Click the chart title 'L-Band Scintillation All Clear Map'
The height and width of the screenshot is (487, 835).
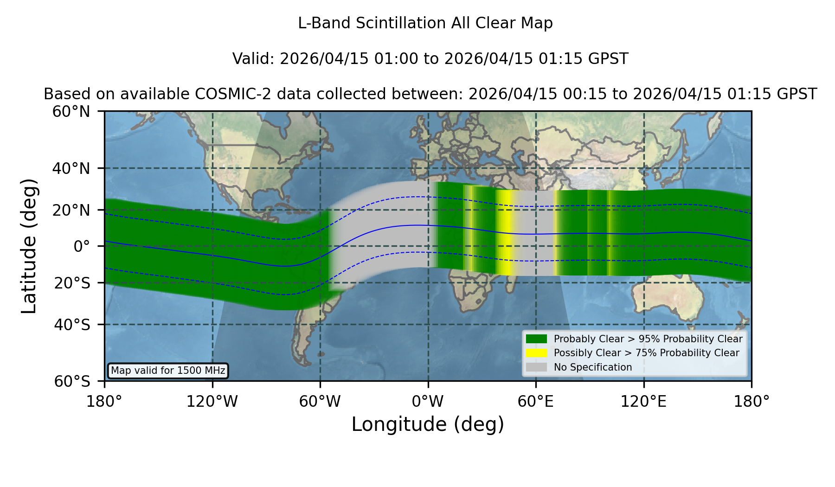(425, 23)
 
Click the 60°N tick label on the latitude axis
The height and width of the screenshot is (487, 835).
(71, 112)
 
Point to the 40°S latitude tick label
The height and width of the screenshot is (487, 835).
(71, 325)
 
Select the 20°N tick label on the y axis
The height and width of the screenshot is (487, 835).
(71, 210)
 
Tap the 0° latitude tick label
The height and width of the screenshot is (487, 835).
(82, 246)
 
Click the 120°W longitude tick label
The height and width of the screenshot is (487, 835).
(212, 402)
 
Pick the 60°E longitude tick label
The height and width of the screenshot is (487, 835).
(536, 402)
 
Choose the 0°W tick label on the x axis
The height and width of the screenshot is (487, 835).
(428, 402)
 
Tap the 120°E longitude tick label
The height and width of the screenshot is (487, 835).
(644, 402)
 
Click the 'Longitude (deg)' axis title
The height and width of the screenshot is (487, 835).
(428, 424)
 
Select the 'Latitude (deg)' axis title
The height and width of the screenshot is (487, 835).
(29, 246)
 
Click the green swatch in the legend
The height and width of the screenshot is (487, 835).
(537, 339)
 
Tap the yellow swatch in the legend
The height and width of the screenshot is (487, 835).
(537, 353)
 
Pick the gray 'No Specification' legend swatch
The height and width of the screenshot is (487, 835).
(537, 367)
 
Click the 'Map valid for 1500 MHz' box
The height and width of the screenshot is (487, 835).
(168, 371)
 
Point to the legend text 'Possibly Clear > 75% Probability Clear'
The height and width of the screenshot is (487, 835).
(646, 353)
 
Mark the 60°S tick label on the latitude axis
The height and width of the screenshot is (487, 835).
(72, 381)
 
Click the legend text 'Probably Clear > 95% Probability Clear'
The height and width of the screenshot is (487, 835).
(648, 339)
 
